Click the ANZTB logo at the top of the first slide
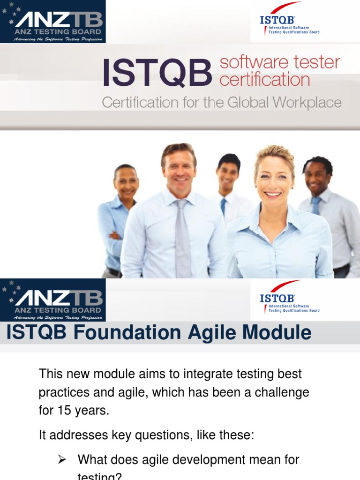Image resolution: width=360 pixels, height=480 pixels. pos(52,22)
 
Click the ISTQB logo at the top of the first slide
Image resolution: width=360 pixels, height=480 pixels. pos(290,22)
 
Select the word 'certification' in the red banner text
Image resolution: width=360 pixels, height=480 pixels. pos(265,79)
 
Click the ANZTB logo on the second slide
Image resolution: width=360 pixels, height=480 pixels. pos(52,300)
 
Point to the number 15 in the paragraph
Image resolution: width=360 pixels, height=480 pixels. pos(64,411)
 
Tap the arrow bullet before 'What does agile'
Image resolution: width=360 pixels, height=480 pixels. pos(61,460)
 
